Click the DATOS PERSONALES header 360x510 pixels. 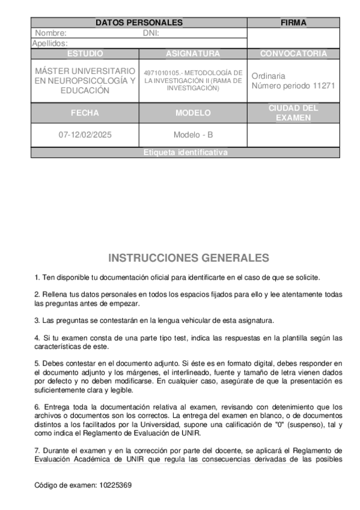[139, 23]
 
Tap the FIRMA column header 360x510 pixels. [293, 23]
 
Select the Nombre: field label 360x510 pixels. [50, 33]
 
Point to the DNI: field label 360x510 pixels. [151, 33]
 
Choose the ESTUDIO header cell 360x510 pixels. [85, 54]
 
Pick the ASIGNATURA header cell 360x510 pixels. [193, 54]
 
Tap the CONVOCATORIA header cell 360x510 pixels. [293, 54]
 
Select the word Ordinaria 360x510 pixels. [269, 76]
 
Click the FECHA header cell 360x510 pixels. [85, 112]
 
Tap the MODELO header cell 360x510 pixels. [193, 112]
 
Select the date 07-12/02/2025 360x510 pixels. [85, 135]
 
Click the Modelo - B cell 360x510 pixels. [193, 135]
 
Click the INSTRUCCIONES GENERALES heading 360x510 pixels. [189, 258]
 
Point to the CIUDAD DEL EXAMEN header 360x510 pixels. [293, 112]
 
